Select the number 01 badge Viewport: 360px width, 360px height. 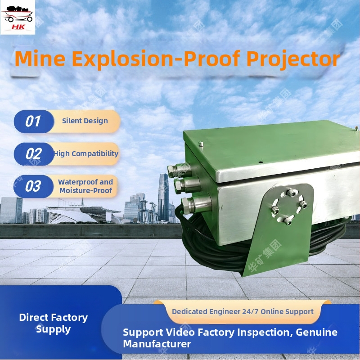click(33, 121)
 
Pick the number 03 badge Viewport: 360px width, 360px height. click(33, 186)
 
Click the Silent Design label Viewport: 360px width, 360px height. click(85, 121)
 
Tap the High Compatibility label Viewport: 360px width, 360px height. click(86, 153)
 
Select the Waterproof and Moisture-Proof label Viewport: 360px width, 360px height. click(85, 186)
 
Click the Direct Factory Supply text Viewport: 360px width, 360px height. click(54, 323)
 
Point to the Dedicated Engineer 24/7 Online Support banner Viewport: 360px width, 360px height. click(243, 311)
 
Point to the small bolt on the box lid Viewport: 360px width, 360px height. click(201, 144)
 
